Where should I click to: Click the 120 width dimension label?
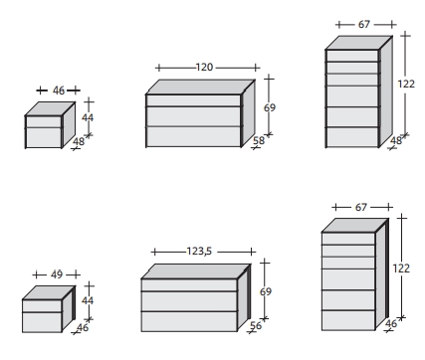pos(204,68)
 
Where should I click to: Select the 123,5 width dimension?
pos(199,252)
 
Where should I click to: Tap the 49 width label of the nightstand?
pos(57,274)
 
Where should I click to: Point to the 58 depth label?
pos(259,140)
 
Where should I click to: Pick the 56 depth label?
pos(256,325)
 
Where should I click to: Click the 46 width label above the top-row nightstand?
pos(59,90)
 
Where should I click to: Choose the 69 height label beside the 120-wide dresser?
pos(270,107)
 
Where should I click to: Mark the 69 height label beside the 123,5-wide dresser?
pos(266,291)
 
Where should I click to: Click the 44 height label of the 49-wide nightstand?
pos(88,300)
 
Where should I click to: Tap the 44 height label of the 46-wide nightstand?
pos(88,117)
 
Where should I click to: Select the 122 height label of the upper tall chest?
pos(406,84)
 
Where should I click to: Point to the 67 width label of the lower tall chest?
pos(361,207)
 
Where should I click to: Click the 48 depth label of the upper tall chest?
pos(396,140)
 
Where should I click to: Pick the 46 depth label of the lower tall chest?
pos(391,323)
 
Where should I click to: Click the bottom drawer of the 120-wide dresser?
pos(193,136)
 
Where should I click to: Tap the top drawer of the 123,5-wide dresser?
pos(189,285)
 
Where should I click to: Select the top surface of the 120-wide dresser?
pos(200,87)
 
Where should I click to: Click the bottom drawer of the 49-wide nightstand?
pos(42,322)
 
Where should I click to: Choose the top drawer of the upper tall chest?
pos(352,56)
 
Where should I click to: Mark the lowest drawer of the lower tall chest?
pos(348,320)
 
